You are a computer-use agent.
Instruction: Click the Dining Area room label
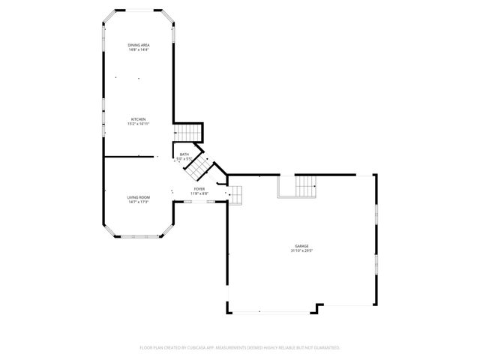(138, 46)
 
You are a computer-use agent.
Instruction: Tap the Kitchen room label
(138, 119)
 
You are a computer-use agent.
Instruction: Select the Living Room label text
(138, 196)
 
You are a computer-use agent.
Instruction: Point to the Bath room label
(184, 154)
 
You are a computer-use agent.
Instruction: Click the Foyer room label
(199, 189)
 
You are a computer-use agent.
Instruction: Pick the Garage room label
(301, 247)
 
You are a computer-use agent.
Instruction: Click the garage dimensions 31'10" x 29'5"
(301, 251)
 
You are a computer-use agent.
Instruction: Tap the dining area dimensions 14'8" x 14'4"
(138, 50)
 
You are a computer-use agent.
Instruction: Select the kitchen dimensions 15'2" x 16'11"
(138, 124)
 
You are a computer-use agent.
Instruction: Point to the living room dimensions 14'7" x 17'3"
(138, 201)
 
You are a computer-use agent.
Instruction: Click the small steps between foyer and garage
(235, 195)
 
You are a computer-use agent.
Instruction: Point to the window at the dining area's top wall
(138, 10)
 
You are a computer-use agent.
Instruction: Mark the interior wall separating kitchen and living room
(130, 157)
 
